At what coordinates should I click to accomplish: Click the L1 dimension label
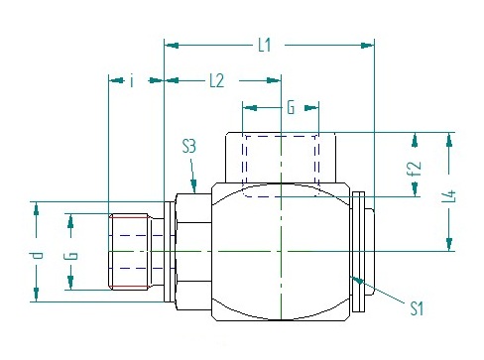pos(265,45)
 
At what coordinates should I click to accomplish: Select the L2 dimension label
pos(217,80)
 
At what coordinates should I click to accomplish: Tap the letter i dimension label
pos(132,81)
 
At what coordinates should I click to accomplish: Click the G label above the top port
pos(291,107)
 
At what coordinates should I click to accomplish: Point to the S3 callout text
pos(189,147)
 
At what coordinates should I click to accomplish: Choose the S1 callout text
pos(417,308)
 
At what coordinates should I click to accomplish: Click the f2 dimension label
pos(415,169)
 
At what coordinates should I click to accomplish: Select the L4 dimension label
pos(449,196)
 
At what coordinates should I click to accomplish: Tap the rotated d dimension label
pos(39,256)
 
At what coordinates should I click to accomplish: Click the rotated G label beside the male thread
pos(72,256)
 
